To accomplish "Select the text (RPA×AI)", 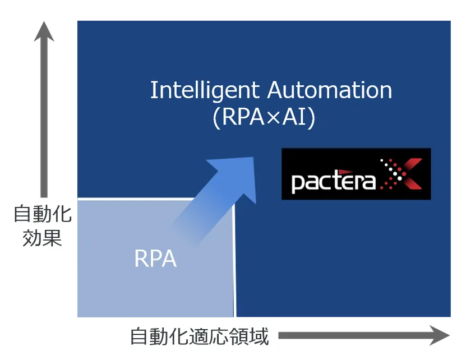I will point(264,118).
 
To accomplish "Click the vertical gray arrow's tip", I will point(44,28).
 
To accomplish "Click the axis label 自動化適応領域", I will point(200,336).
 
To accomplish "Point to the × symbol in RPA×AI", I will point(273,119).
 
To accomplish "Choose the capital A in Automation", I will point(275,90).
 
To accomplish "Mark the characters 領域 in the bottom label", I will point(252,336).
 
